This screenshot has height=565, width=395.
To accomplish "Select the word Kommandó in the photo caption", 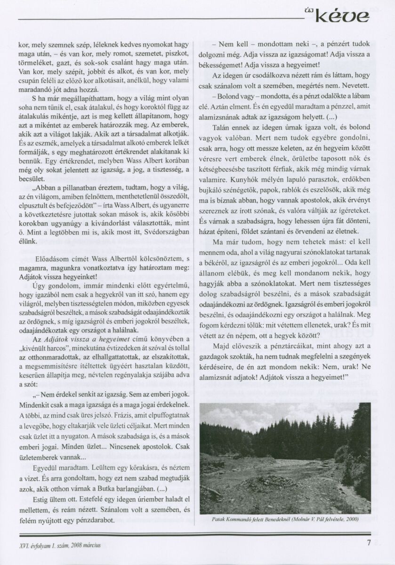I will [237, 519].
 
